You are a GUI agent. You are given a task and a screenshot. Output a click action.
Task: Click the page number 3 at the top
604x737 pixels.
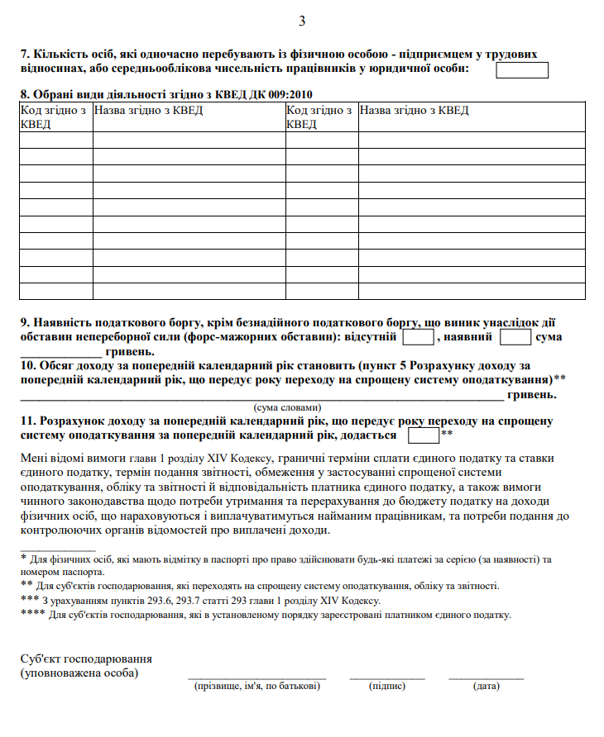[x=302, y=21]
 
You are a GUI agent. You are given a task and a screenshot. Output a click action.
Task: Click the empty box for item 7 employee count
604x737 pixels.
[x=521, y=69]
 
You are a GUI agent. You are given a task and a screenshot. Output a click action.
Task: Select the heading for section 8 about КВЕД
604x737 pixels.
[x=165, y=93]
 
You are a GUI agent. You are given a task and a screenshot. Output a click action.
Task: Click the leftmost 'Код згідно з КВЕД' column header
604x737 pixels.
[x=55, y=116]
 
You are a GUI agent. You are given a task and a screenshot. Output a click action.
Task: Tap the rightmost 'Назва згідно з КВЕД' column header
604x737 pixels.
[x=415, y=111]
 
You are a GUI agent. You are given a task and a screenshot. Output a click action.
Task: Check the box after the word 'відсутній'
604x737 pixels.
[x=418, y=337]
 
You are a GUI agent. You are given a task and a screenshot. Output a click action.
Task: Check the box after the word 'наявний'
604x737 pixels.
[x=515, y=337]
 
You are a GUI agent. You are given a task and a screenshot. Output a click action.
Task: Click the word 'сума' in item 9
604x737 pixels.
[x=549, y=337]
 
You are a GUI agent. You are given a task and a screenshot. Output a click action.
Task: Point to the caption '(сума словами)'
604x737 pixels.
[x=285, y=407]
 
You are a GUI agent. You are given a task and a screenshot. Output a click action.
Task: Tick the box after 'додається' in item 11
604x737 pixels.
[x=424, y=435]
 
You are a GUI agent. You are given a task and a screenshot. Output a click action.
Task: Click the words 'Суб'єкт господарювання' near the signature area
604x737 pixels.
[x=86, y=659]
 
